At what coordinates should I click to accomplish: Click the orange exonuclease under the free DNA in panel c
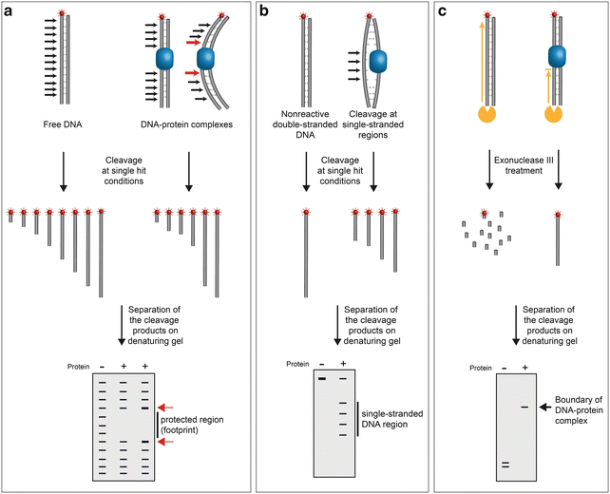click(486, 115)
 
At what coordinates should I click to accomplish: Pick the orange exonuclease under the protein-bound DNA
click(550, 115)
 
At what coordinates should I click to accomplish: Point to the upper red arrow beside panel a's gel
click(166, 404)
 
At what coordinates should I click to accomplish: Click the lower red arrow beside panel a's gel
click(166, 442)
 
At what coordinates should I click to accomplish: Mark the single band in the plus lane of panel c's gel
click(523, 408)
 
